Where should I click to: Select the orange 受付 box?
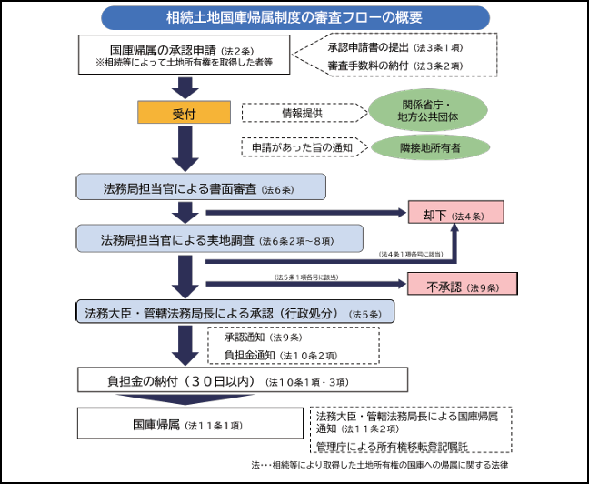click(184, 114)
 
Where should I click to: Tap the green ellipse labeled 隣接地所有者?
click(426, 147)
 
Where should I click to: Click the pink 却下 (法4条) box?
click(455, 215)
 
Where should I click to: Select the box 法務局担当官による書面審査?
click(200, 188)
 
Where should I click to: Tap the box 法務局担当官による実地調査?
click(200, 240)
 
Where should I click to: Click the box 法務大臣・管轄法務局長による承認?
click(235, 312)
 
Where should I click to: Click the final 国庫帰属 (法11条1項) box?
click(188, 423)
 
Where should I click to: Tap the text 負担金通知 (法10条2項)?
click(281, 354)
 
